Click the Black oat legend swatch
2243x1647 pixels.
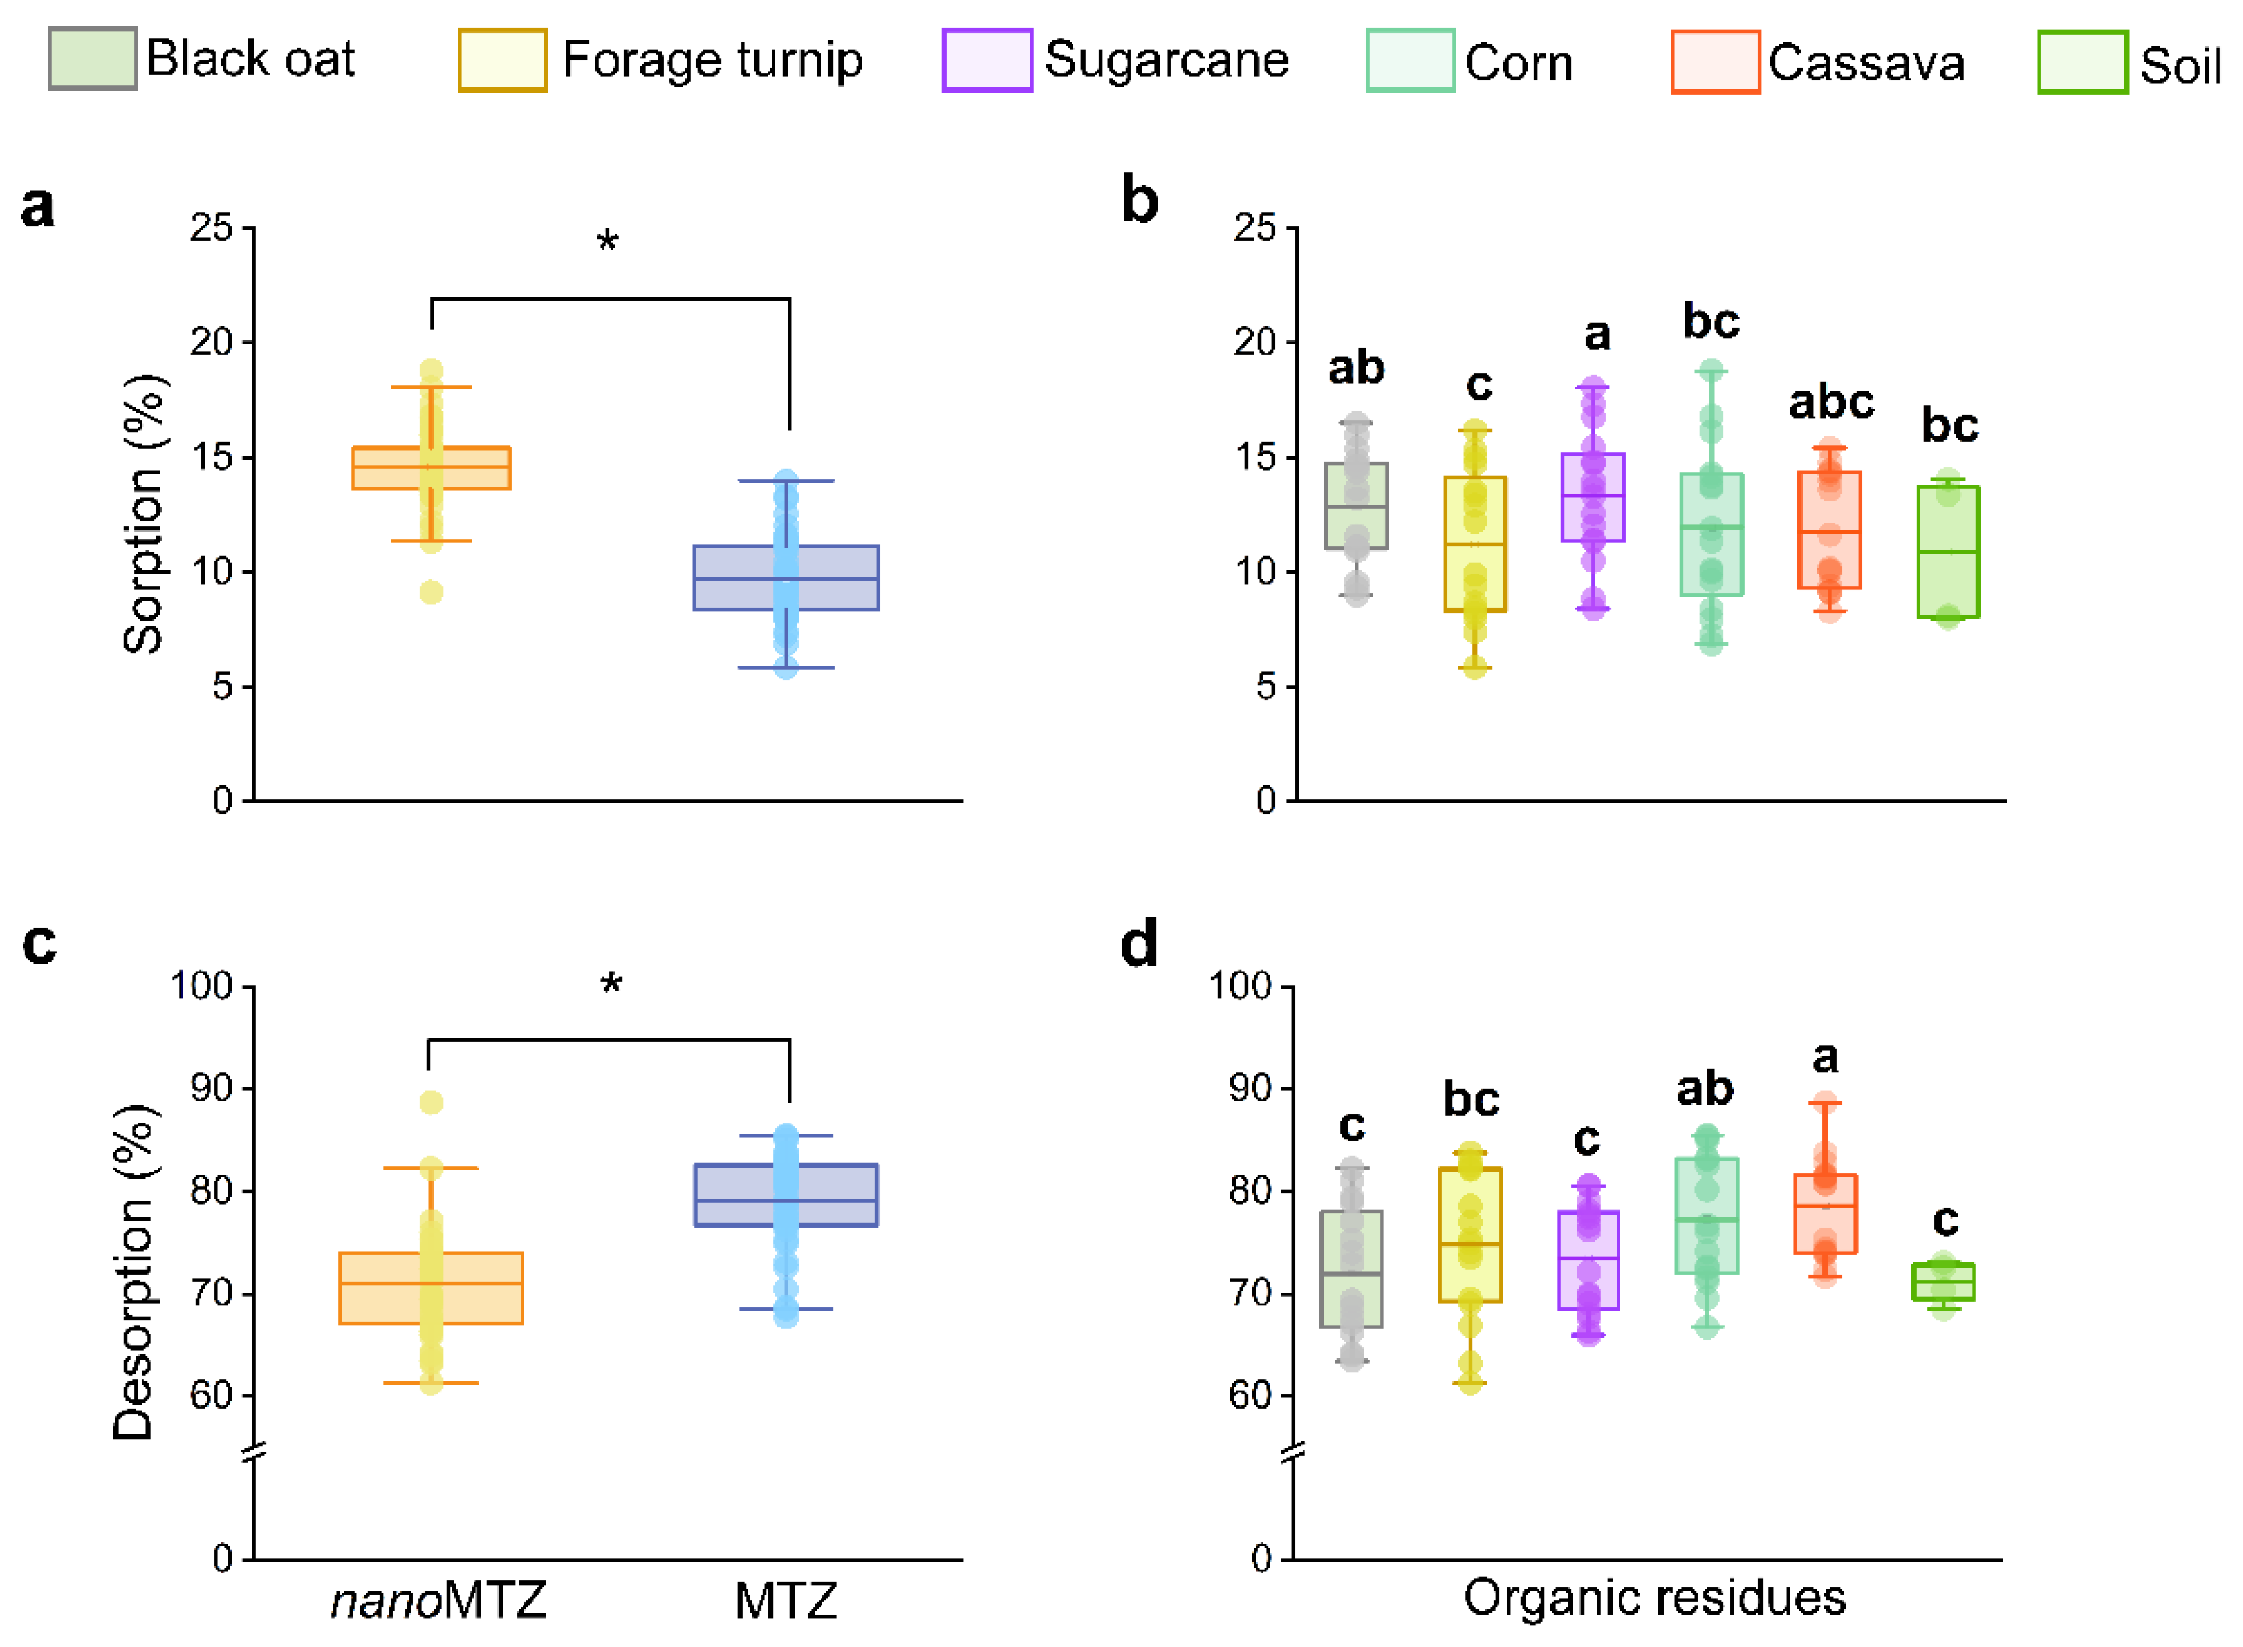(x=93, y=59)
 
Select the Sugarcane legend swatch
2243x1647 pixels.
(x=986, y=61)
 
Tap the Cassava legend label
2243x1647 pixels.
(x=1865, y=64)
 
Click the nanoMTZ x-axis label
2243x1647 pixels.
(x=438, y=1600)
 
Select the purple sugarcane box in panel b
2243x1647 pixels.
(x=1593, y=497)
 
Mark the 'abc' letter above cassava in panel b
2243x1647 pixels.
(x=1830, y=403)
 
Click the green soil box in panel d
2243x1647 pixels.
(x=1943, y=1281)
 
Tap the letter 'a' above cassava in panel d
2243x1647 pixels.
(x=1824, y=1058)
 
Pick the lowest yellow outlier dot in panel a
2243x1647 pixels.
(x=430, y=592)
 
